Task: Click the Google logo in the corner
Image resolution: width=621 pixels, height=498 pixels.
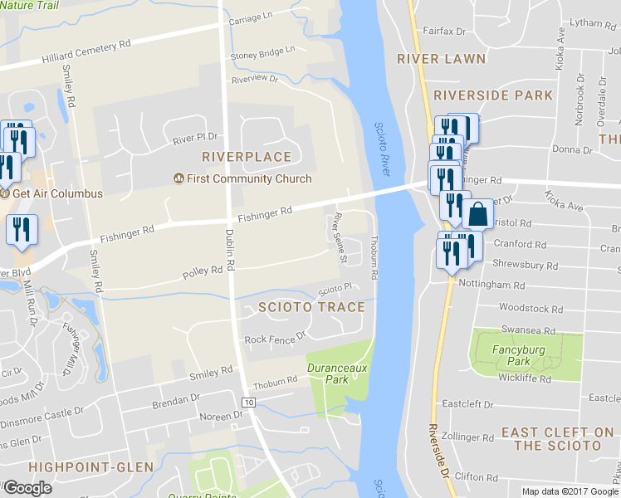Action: [x=27, y=488]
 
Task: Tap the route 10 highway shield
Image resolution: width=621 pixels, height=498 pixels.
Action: [x=248, y=403]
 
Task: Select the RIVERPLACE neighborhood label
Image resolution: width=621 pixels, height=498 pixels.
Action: [x=247, y=157]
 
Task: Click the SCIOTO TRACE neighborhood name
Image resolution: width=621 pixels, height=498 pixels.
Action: [x=311, y=307]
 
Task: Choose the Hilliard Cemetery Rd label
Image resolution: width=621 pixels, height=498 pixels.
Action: [x=87, y=53]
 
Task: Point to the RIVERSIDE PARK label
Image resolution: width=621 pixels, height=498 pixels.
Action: [x=493, y=95]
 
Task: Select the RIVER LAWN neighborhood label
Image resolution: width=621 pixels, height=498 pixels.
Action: [x=428, y=59]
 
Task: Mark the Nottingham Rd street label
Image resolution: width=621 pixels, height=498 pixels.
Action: [x=496, y=285]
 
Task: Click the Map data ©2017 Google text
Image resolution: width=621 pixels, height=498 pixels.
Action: [x=570, y=491]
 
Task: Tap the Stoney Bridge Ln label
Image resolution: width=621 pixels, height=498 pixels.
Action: [x=262, y=51]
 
